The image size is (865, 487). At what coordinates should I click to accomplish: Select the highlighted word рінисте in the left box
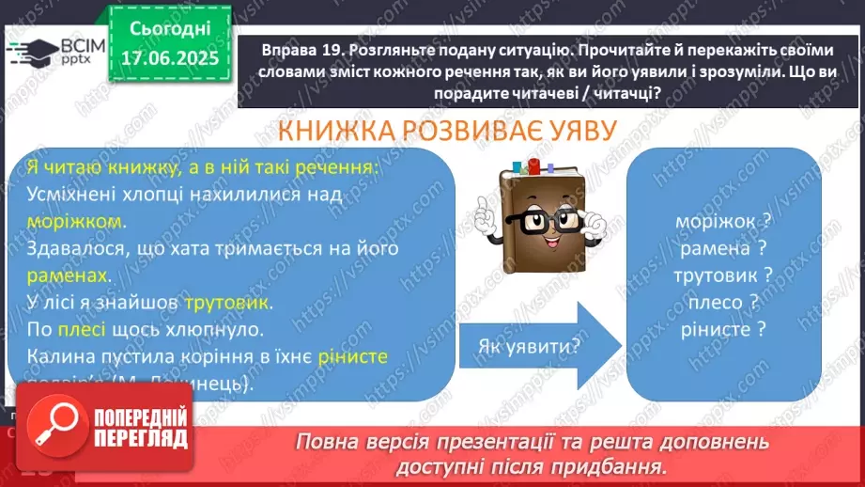tap(352, 357)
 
